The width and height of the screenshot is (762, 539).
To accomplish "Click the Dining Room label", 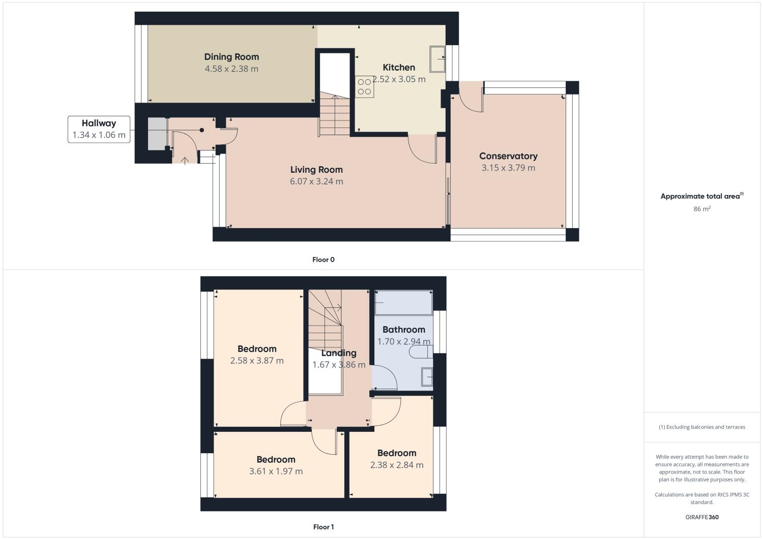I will point(231,57).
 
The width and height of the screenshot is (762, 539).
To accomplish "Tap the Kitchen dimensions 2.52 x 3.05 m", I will point(399,79).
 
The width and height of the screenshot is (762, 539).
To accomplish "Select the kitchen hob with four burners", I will point(364,86).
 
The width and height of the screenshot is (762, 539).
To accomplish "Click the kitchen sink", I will point(437,59).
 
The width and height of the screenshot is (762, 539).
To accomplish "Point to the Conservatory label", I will point(508,156).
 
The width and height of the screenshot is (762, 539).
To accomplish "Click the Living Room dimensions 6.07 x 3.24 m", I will point(316,181).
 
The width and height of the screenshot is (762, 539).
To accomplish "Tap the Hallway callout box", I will point(99,129).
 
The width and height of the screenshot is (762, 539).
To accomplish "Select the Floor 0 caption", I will point(324,260).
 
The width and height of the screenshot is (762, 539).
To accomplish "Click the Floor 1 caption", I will point(324,527).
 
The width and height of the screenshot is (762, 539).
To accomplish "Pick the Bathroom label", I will point(403,329).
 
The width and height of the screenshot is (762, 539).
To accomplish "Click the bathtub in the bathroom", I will point(403,303).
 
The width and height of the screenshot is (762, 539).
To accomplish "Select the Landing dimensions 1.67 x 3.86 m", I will point(339,365).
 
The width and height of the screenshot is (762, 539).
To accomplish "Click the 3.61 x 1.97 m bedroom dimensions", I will point(276,471).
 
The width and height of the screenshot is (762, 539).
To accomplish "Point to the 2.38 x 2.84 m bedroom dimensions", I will point(396,465).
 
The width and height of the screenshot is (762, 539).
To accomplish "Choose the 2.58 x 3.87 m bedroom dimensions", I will point(257,361).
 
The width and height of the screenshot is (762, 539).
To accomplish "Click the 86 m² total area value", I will point(701,209).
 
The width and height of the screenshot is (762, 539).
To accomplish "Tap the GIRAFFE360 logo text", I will point(701,517).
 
